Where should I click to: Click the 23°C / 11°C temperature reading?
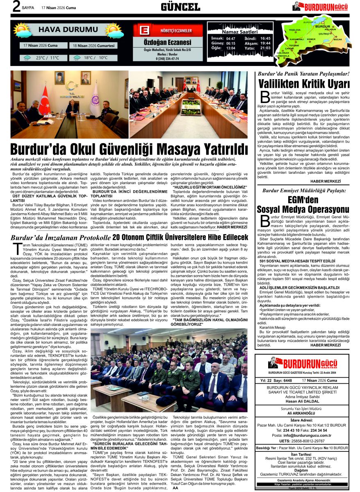[x=47, y=58]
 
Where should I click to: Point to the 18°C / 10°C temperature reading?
[x=96, y=58]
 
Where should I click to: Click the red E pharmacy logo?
[x=144, y=31]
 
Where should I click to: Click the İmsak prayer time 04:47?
[x=230, y=38]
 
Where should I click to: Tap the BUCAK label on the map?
[x=337, y=40]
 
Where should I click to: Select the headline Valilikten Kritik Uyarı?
[x=303, y=84]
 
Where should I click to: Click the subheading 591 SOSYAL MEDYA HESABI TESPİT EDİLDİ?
[x=292, y=260]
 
